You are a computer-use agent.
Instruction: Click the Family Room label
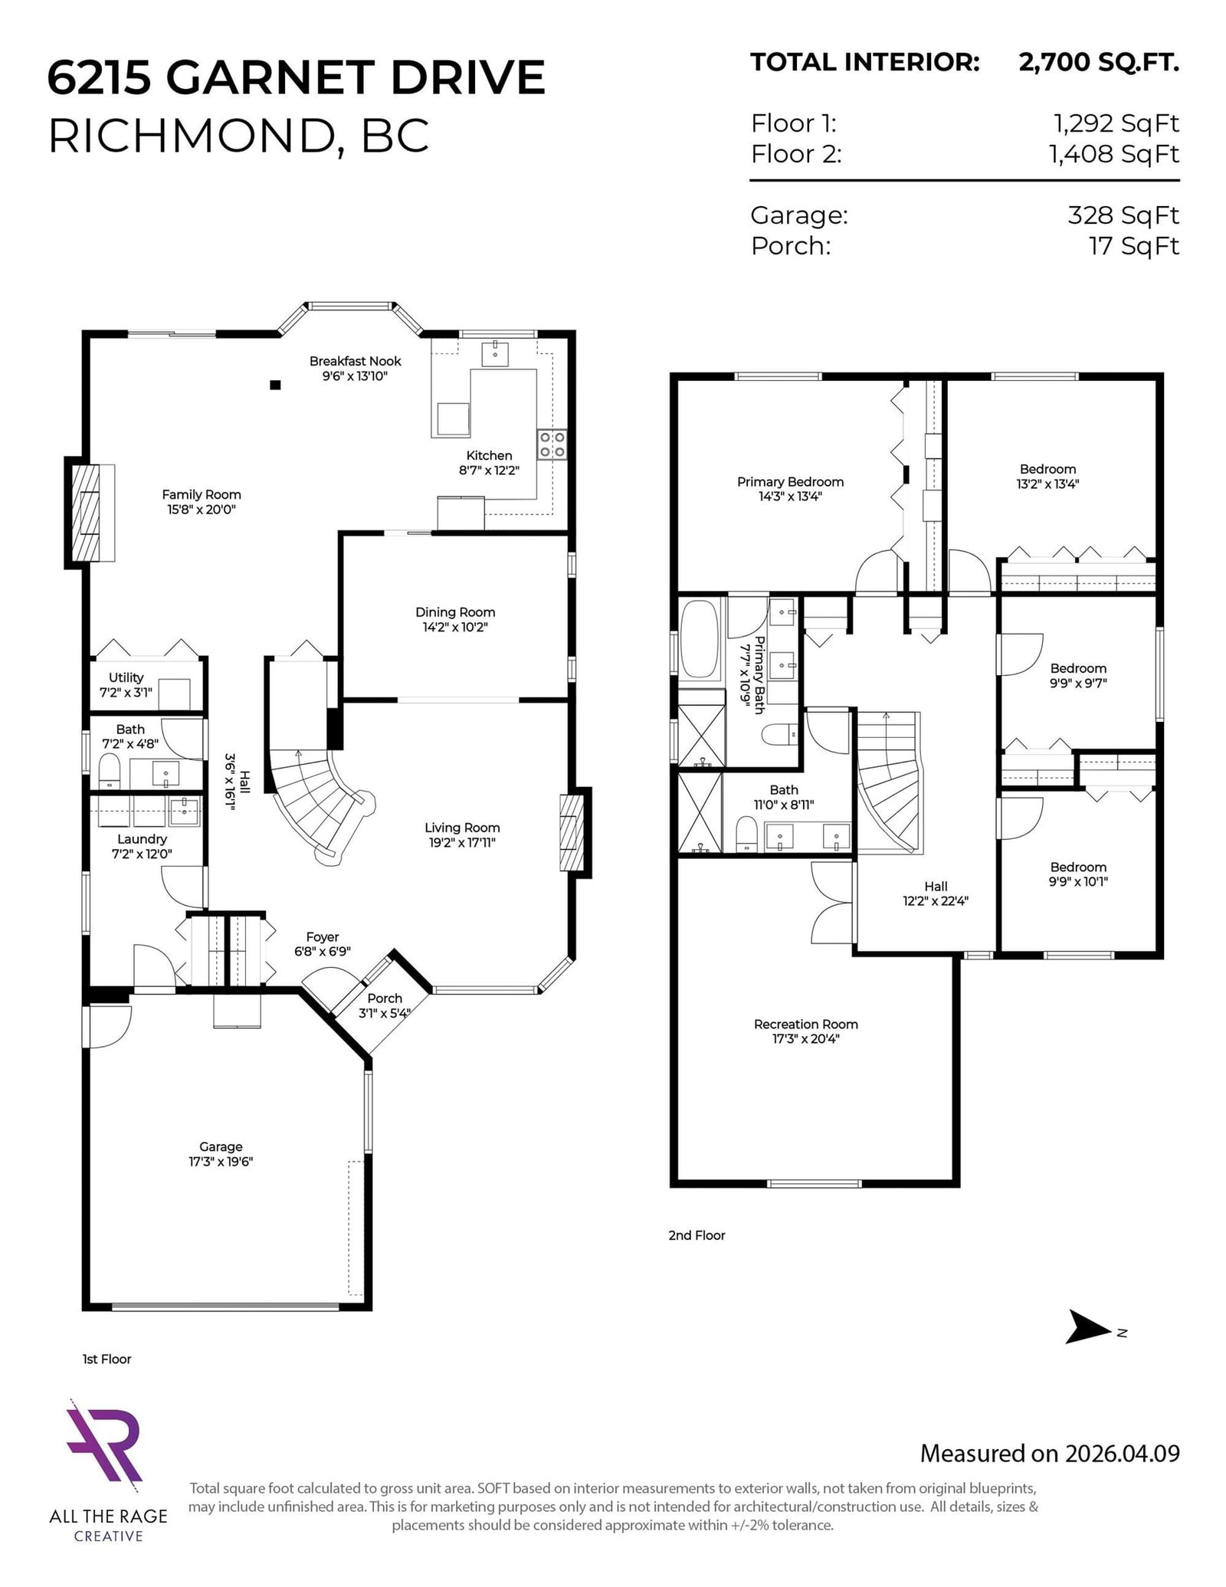click(x=201, y=495)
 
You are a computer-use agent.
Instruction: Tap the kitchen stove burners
click(x=552, y=444)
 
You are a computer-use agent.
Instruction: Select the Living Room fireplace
click(x=575, y=832)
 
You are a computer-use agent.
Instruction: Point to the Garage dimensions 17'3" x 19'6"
click(x=221, y=1162)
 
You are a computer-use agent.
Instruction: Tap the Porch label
click(x=385, y=998)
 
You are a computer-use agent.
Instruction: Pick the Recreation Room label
click(x=805, y=1024)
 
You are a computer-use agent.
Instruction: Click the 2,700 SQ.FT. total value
click(x=1098, y=63)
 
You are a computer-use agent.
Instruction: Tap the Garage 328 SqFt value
click(x=1123, y=215)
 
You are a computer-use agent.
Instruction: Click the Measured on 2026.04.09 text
click(x=1049, y=1453)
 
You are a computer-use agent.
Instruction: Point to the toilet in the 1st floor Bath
click(x=110, y=772)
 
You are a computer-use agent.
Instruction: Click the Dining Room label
click(x=455, y=612)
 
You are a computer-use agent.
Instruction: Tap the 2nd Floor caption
click(x=696, y=1235)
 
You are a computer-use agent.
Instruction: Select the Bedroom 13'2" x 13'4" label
click(x=1047, y=469)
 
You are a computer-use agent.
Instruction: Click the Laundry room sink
click(x=185, y=811)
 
